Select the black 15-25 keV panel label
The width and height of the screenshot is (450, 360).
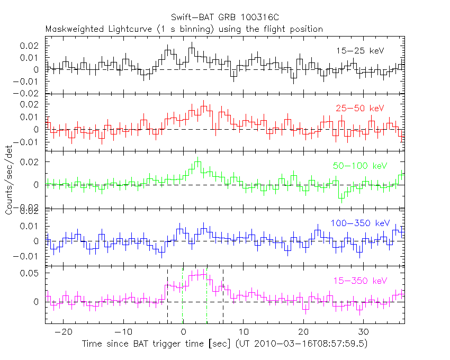coord(359,51)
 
